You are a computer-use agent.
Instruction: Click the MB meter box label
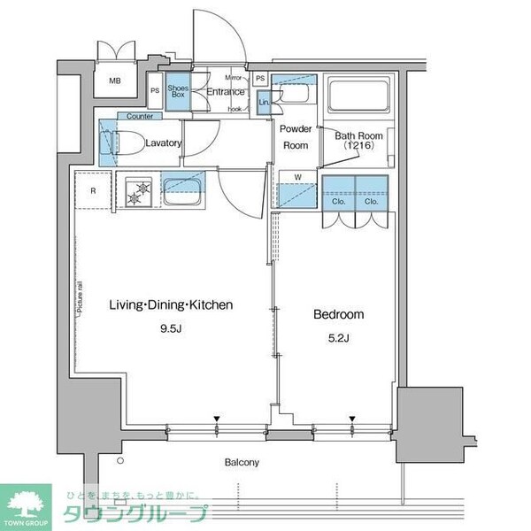(x=115, y=81)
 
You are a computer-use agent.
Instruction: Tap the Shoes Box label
(x=177, y=92)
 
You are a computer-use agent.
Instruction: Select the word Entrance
(x=225, y=91)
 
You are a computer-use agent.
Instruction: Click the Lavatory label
(x=164, y=143)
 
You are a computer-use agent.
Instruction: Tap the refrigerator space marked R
(x=93, y=189)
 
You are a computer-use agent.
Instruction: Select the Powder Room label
(x=295, y=137)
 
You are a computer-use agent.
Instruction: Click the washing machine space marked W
(x=297, y=176)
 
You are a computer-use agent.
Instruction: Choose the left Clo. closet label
(x=339, y=200)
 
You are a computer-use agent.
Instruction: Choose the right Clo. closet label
(x=371, y=200)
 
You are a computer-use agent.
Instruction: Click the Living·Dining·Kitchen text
(x=171, y=304)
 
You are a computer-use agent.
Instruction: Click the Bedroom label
(x=339, y=314)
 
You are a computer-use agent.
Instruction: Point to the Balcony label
(x=240, y=462)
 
